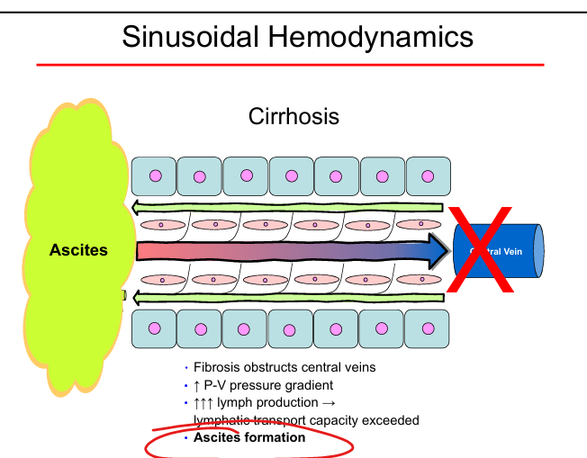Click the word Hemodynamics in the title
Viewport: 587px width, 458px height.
[381, 37]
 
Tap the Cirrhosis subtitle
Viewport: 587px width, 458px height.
[293, 117]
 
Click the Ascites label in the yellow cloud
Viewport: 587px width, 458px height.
[78, 250]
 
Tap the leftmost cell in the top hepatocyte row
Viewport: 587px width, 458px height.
[154, 176]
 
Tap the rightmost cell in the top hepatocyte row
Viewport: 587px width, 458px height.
[428, 176]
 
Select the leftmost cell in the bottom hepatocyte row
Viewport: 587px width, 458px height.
[154, 328]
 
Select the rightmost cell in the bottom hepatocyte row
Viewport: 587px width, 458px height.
[428, 328]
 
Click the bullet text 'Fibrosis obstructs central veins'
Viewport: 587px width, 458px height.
[284, 367]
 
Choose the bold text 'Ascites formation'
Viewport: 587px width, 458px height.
[249, 438]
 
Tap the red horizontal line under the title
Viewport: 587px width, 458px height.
[290, 65]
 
